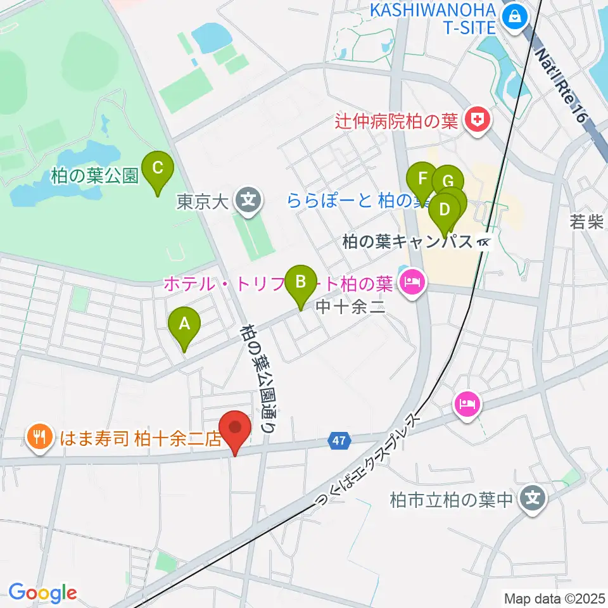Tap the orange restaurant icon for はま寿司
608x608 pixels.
[x=39, y=436]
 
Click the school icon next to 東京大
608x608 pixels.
[x=247, y=202]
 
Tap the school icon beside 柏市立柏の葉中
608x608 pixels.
[x=533, y=500]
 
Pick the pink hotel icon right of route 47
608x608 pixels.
[x=467, y=403]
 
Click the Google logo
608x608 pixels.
[x=42, y=592]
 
